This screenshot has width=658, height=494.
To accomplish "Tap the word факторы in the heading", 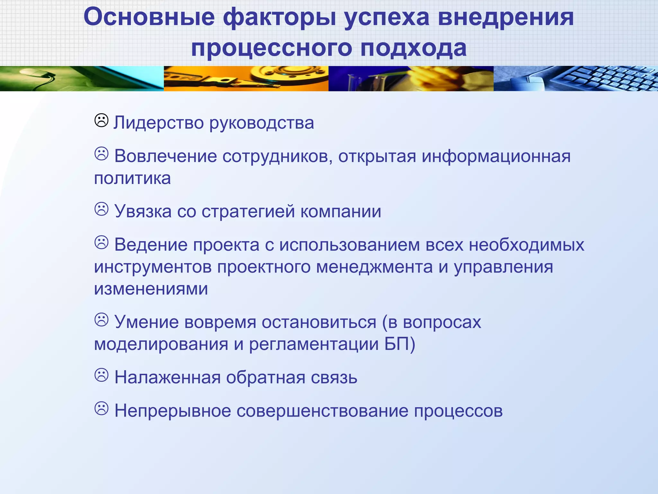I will [280, 17].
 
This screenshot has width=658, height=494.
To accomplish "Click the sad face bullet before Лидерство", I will [101, 121].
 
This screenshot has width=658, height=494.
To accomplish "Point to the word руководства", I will [262, 123].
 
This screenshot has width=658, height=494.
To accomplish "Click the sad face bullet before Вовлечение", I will [101, 154].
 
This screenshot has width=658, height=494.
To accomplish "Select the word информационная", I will [496, 157].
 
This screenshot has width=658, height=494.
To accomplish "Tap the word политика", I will [132, 178].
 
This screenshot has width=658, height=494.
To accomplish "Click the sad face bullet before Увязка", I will [101, 209].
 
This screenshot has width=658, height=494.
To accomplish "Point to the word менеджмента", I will [374, 267].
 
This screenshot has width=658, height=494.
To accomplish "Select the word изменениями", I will [151, 289].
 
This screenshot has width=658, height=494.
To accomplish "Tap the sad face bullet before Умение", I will [101, 320].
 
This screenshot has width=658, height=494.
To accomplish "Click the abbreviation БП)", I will [400, 344].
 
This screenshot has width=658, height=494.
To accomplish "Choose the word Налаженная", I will [167, 378].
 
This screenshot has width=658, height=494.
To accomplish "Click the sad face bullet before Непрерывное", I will [101, 409].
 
